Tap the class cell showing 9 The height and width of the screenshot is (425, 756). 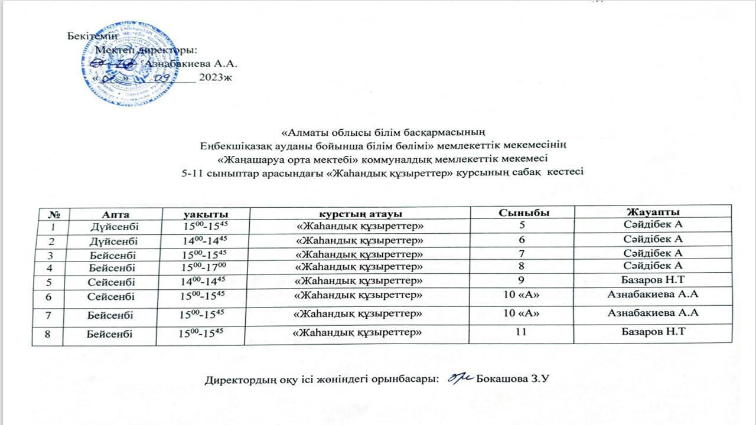pyautogui.click(x=521, y=280)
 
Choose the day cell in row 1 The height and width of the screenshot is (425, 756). pyautogui.click(x=115, y=227)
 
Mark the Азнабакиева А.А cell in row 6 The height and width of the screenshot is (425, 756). pyautogui.click(x=653, y=293)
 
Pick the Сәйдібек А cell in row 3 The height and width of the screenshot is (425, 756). pyautogui.click(x=653, y=253)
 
